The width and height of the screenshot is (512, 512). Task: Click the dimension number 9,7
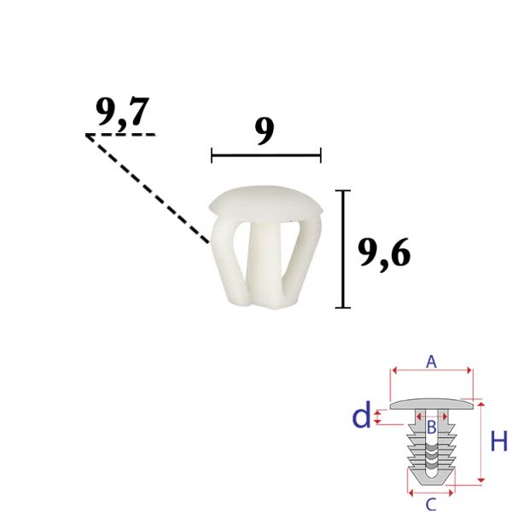[122, 113]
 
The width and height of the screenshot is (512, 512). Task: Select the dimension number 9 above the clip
[265, 132]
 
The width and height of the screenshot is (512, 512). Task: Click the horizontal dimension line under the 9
[266, 155]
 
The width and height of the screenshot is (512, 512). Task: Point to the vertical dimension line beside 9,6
[343, 249]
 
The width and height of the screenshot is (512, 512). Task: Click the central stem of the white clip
[265, 262]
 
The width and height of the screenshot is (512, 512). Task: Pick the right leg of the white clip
[302, 258]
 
